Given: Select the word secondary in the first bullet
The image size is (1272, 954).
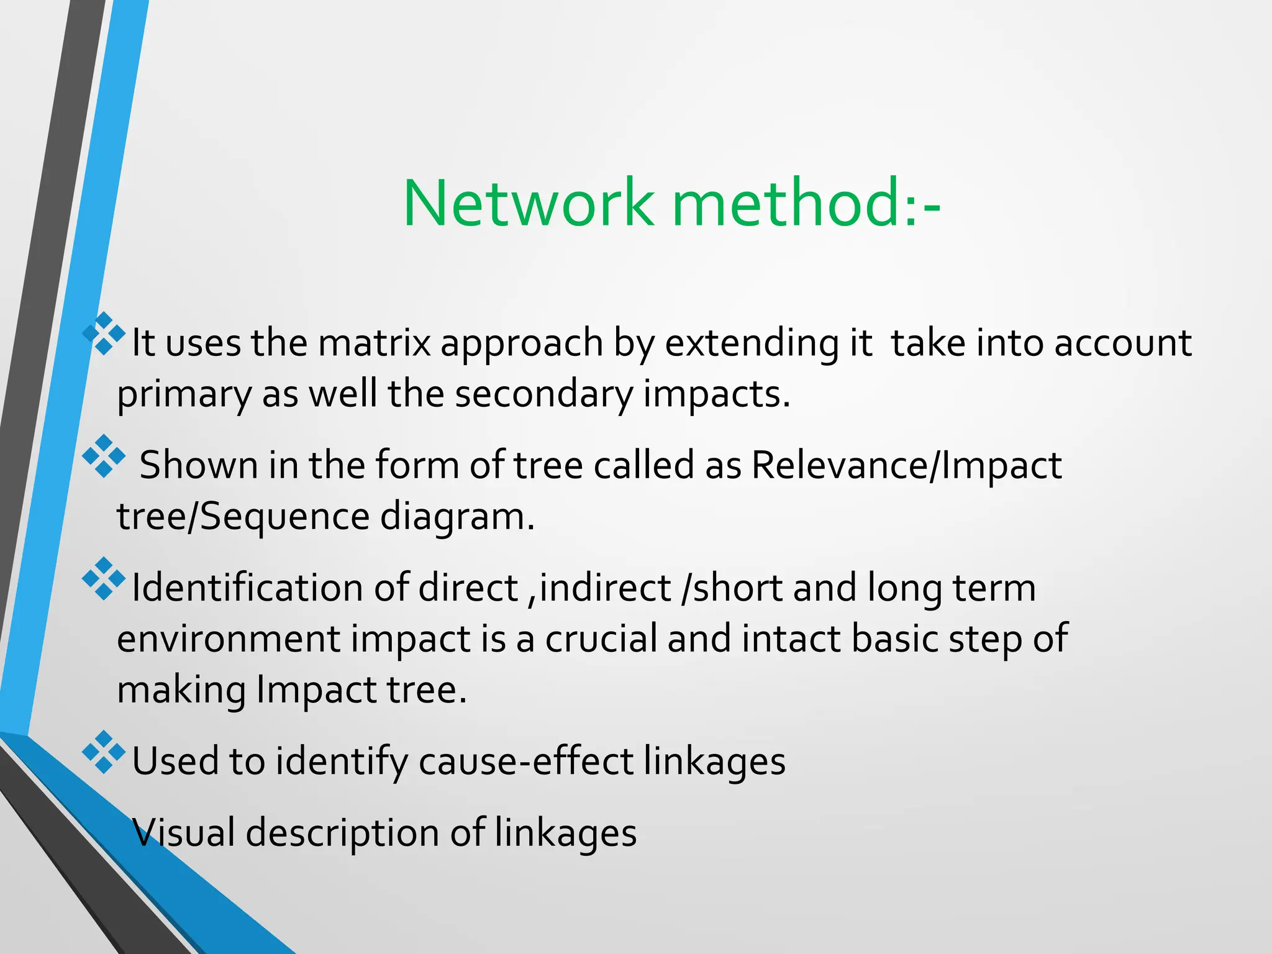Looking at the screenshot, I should (543, 394).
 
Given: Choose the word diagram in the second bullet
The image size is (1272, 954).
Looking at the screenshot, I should (457, 517).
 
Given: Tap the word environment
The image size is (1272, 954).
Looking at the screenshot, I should (229, 638).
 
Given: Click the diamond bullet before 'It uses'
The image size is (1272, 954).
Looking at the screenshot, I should (104, 334).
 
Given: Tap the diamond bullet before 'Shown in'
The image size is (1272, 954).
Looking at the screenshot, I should (104, 457).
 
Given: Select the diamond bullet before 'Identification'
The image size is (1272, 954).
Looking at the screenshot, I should (104, 579).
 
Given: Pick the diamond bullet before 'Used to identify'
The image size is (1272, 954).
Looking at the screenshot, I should (104, 752).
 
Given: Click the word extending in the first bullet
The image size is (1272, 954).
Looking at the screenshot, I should (752, 343).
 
